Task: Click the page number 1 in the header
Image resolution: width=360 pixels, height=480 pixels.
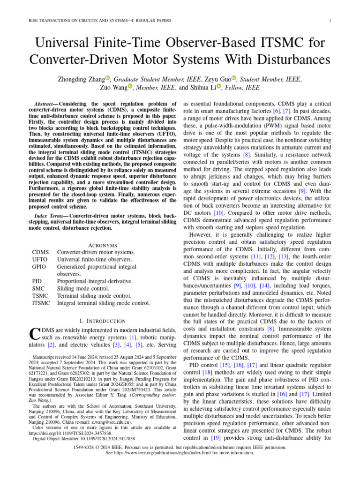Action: click(331, 20)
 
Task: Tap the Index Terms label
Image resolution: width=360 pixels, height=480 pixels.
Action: click(48, 215)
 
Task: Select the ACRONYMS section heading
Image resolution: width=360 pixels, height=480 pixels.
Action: click(103, 245)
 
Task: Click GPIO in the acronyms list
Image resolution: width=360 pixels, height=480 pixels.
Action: click(39, 267)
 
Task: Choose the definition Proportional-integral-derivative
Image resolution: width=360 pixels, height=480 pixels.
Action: click(95, 281)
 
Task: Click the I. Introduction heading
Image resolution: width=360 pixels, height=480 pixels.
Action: click(103, 321)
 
